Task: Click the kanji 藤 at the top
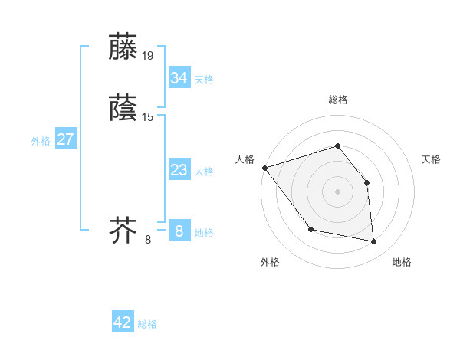pos(124,47)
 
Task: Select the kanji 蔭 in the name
pos(124,109)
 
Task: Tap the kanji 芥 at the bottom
pos(124,230)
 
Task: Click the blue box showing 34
pos(179,77)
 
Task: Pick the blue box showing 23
pos(179,170)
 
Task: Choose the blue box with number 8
pos(179,231)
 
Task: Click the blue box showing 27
pos(65,139)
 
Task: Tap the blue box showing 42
pos(123,322)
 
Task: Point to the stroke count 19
pos(148,56)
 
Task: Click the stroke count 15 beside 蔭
pos(148,117)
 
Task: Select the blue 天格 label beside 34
pos(204,80)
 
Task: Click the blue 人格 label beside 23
pos(204,172)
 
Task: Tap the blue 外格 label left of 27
pos(41,141)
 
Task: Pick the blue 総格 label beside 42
pos(147,324)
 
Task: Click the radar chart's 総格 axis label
pos(337,100)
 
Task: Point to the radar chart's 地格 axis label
pos(402,262)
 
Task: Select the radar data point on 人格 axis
pos(264,168)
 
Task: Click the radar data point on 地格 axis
pos(374,242)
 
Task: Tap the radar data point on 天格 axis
pos(366,182)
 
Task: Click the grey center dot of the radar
pos(337,191)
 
